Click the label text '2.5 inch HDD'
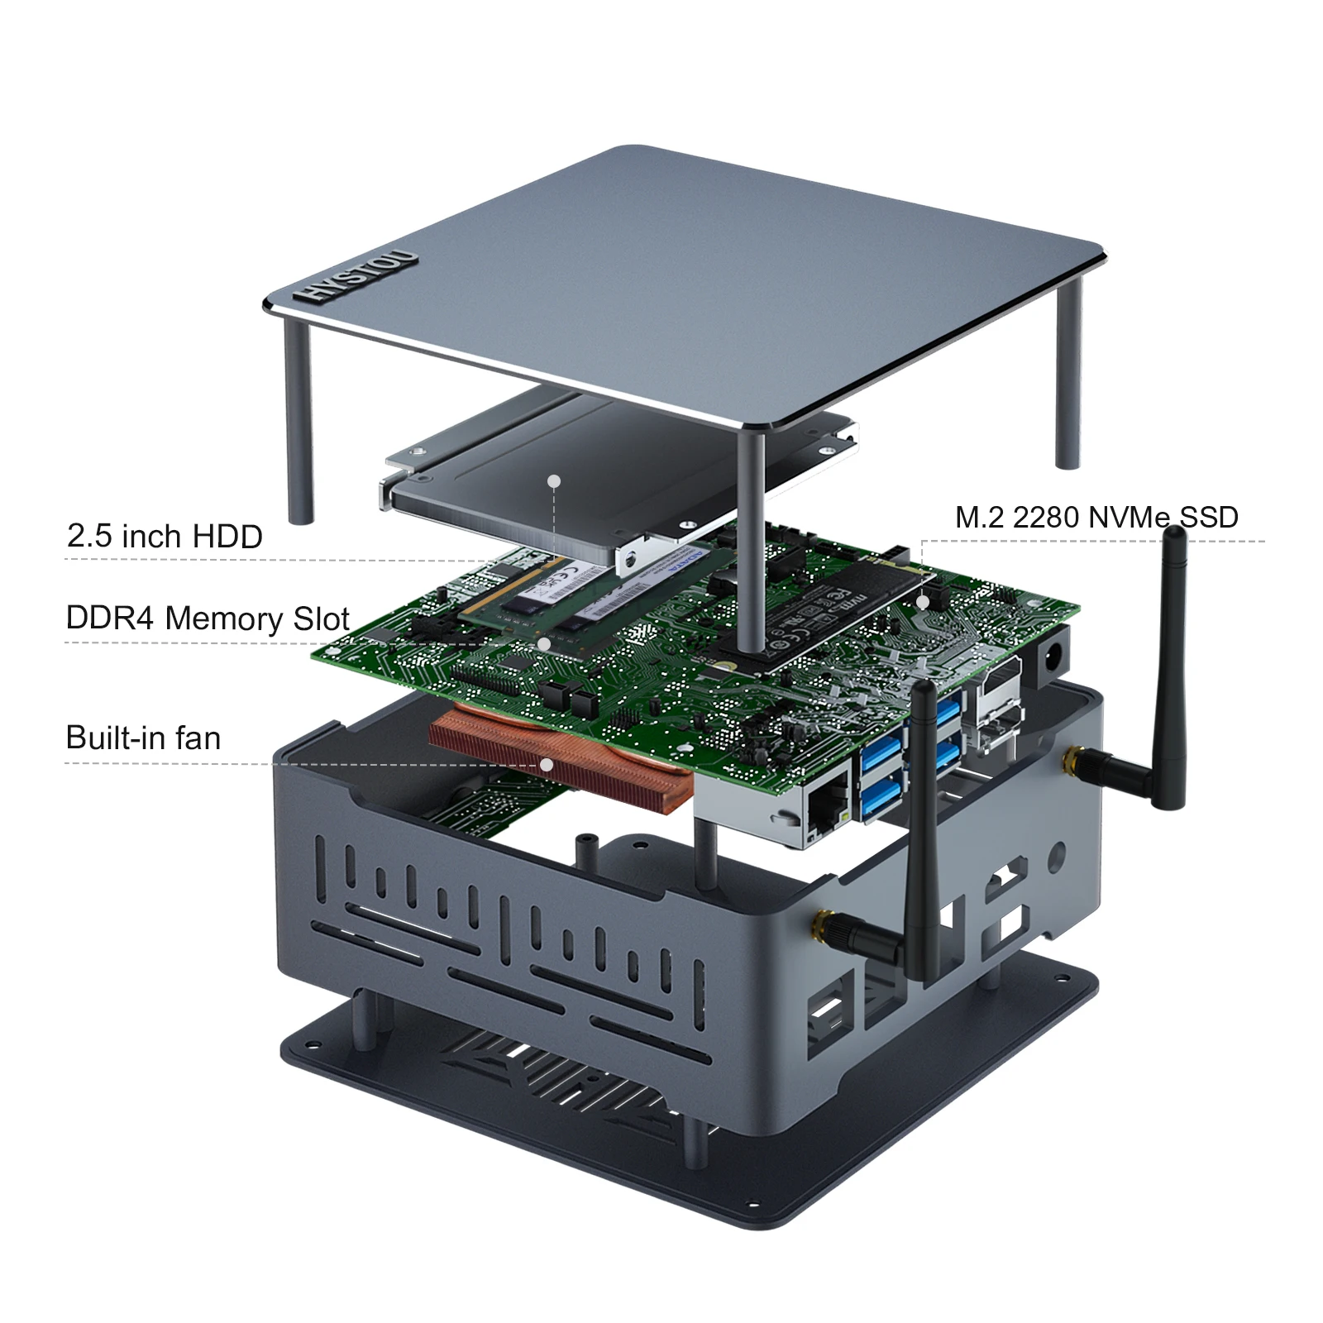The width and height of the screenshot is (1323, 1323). (x=165, y=537)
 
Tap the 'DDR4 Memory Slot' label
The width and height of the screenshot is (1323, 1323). (x=208, y=619)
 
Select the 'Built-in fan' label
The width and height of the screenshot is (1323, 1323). (x=143, y=738)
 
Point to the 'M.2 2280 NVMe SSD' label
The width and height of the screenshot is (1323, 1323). (x=1096, y=518)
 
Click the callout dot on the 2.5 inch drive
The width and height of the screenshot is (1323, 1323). (x=554, y=480)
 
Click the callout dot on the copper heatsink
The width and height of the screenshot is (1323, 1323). (x=547, y=765)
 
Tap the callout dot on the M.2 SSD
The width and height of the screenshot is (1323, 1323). (x=923, y=603)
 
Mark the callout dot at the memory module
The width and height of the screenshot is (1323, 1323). (x=543, y=643)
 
